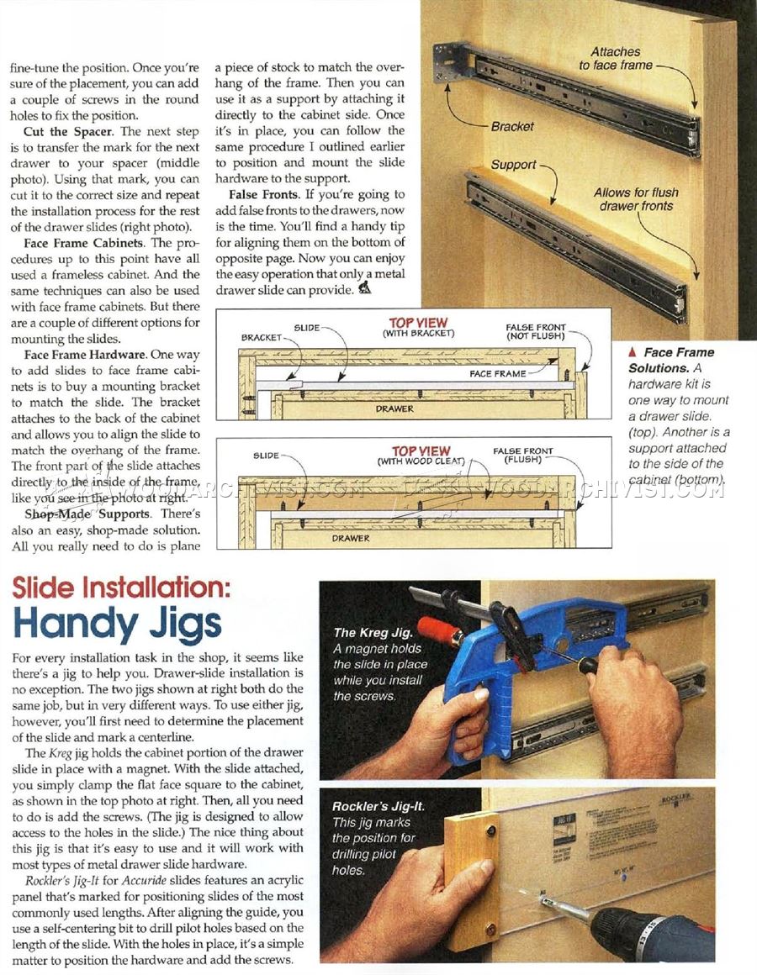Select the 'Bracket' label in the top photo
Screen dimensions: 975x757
(x=512, y=126)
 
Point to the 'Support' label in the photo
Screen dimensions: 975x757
(x=513, y=165)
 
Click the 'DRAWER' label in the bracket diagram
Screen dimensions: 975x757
(x=394, y=408)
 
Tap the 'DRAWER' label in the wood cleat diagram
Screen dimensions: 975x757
(x=351, y=538)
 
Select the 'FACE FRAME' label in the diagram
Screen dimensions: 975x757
(x=498, y=373)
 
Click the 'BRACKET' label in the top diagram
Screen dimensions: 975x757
(x=261, y=337)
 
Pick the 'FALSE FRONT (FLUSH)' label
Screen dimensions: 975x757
(x=527, y=456)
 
